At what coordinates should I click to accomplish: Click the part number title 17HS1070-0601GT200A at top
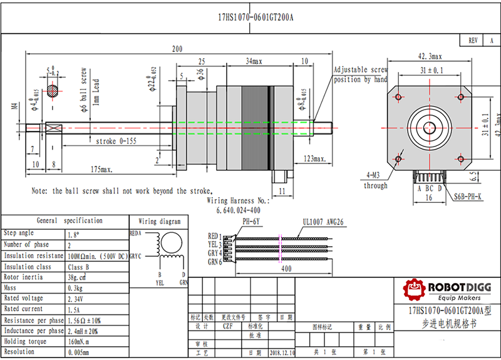[x=255, y=18]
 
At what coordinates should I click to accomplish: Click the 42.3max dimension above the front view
[x=430, y=57]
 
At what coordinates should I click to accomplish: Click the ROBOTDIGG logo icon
[x=413, y=289]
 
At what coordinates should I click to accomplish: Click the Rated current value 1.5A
[x=73, y=309]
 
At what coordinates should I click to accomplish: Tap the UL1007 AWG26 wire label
[x=322, y=222]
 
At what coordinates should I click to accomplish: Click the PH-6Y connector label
[x=251, y=222]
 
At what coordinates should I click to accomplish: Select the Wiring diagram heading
[x=160, y=221]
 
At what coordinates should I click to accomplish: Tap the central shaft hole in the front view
[x=430, y=126]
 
